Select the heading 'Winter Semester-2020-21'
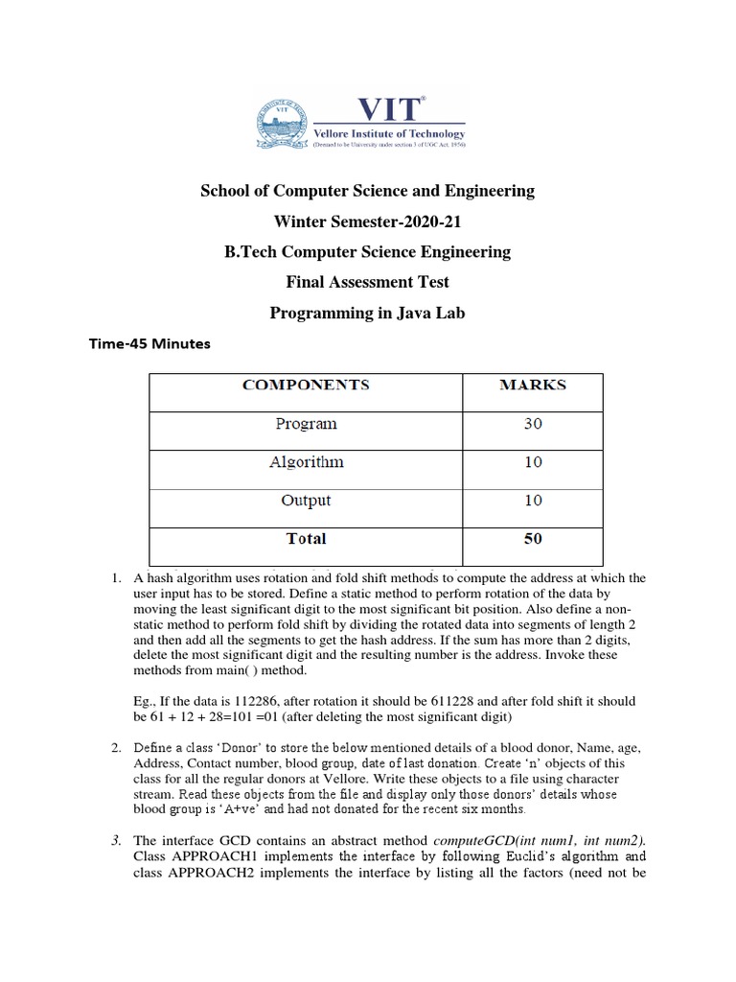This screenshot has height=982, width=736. (x=367, y=222)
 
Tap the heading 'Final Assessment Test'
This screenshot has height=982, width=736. (x=367, y=282)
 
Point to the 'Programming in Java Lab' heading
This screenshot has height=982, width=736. (x=367, y=313)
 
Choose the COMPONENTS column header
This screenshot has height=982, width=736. (x=306, y=385)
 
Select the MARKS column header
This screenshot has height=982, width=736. (x=533, y=385)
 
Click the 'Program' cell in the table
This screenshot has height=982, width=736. (x=306, y=423)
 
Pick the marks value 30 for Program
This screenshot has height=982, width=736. (x=533, y=423)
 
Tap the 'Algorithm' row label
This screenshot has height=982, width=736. (x=306, y=461)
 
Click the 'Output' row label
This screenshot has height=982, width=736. (x=306, y=500)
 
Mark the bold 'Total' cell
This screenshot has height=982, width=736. (x=306, y=538)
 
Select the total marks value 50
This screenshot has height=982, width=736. (x=533, y=538)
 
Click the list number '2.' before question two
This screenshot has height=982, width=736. (x=115, y=747)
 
